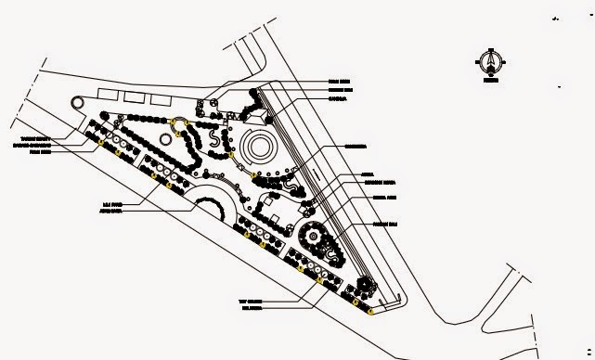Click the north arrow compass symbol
point(489,61)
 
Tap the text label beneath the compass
point(489,81)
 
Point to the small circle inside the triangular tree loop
point(176,123)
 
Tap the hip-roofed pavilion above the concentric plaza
point(257,114)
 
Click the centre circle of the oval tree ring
point(314,237)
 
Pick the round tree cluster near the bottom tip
point(364,286)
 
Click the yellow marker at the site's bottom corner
point(371,313)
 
